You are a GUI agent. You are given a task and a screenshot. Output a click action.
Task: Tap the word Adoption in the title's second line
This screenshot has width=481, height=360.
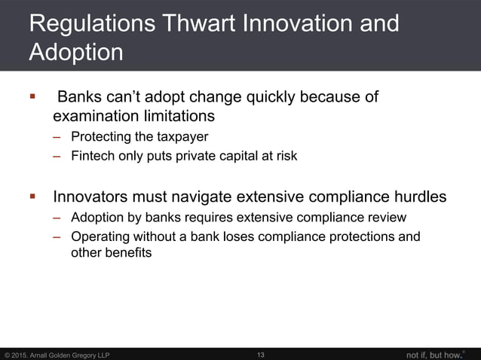point(76,53)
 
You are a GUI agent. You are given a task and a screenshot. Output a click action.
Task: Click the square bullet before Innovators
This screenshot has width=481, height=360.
point(32,197)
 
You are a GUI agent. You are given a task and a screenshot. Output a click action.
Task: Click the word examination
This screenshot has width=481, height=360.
point(95,117)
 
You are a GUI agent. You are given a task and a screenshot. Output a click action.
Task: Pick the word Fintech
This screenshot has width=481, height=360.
point(93,156)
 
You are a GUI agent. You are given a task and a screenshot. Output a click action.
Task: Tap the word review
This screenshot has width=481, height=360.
point(386,218)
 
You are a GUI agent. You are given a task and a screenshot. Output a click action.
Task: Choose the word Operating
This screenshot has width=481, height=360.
point(100,237)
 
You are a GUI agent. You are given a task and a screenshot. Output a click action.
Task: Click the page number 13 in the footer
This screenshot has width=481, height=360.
point(261,355)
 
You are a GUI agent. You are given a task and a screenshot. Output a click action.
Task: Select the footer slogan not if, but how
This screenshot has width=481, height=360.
point(433,354)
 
